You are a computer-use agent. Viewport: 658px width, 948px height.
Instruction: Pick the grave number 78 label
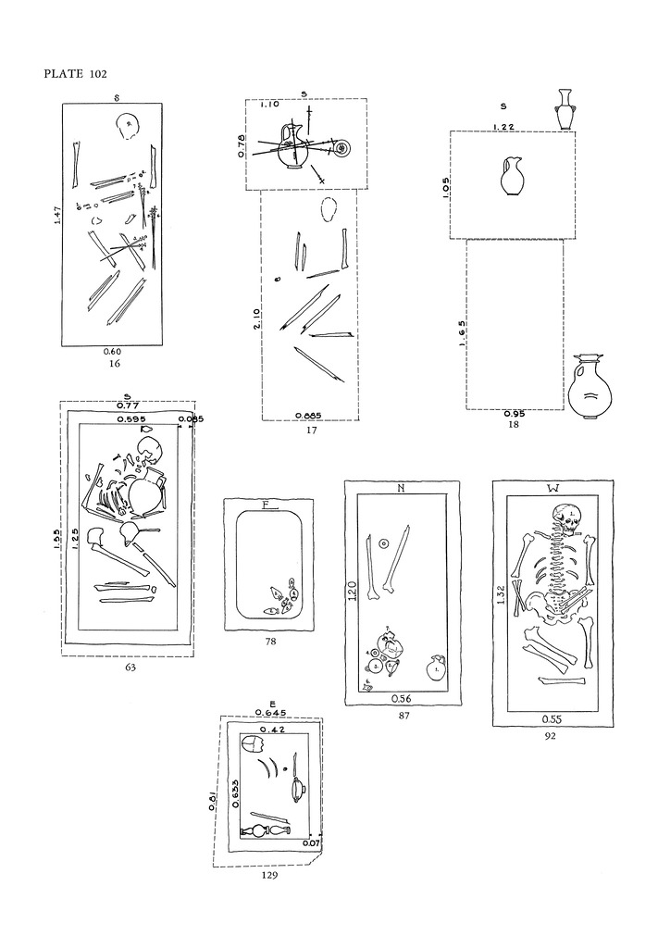coord(269,641)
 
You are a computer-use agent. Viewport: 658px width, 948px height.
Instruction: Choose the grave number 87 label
coord(403,716)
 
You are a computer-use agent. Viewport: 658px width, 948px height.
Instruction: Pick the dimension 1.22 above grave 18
coord(503,126)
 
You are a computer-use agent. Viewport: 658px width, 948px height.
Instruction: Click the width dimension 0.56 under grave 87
coord(403,699)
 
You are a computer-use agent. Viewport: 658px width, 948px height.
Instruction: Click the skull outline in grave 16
coord(128,125)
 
